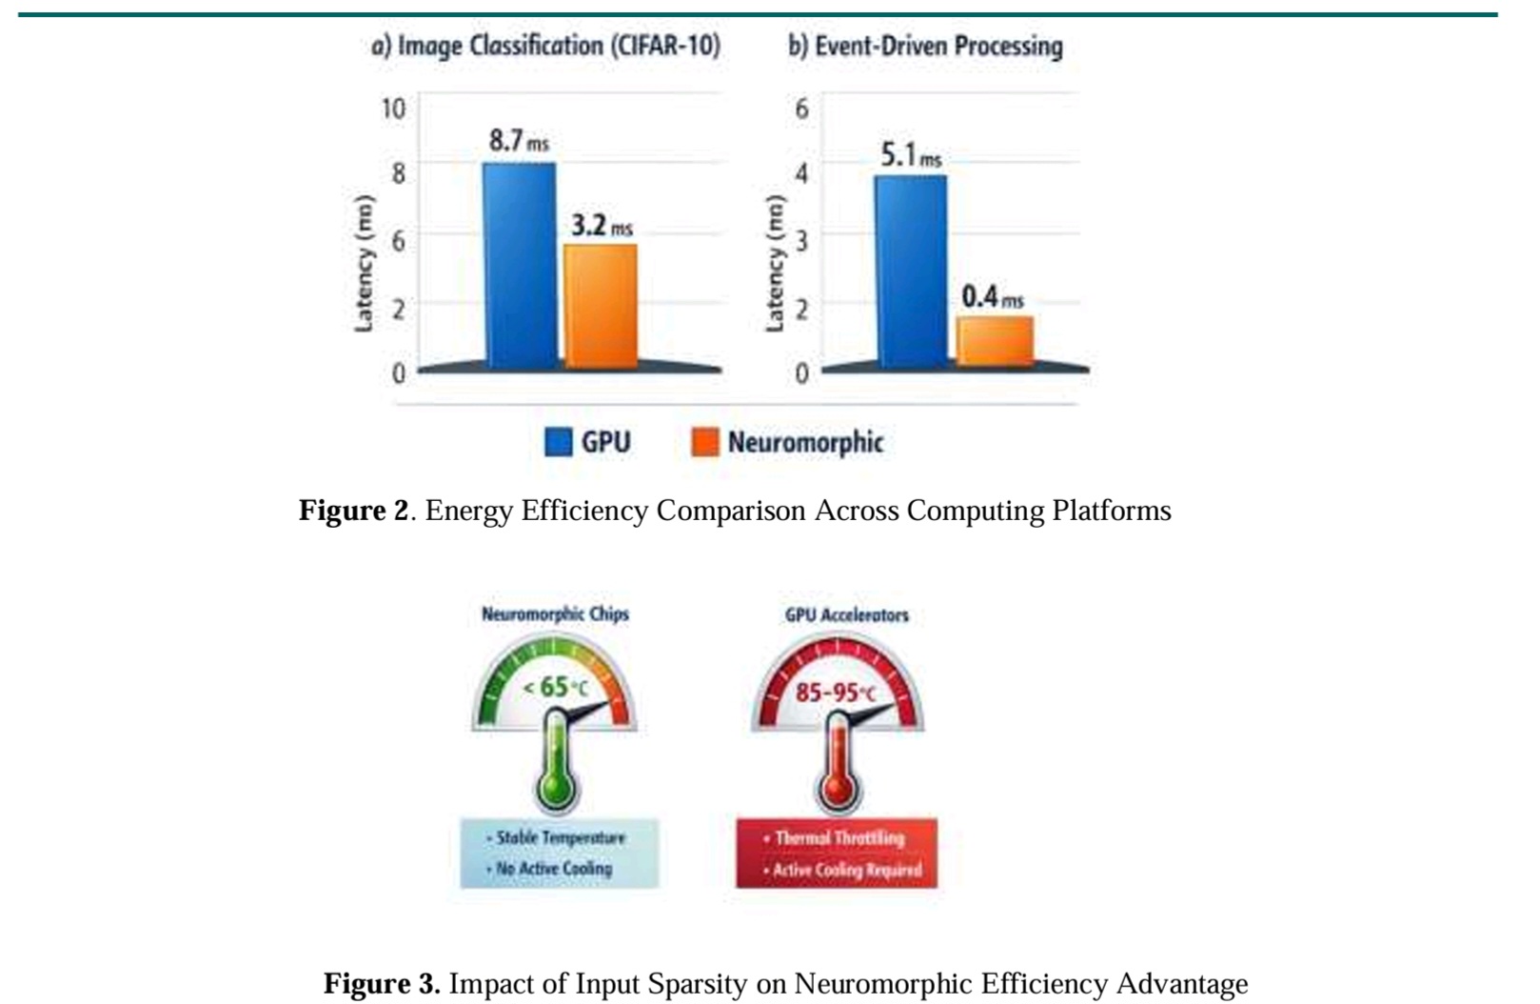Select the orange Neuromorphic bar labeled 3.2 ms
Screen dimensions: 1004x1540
click(601, 305)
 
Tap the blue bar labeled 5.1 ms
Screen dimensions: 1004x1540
click(911, 271)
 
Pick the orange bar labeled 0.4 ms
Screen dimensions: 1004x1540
click(995, 340)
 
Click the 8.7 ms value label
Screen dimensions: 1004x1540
click(519, 141)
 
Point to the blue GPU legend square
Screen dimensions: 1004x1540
click(558, 442)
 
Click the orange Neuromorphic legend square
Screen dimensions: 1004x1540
click(704, 442)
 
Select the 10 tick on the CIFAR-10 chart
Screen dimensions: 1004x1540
click(393, 109)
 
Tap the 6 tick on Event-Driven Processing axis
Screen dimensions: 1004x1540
click(801, 109)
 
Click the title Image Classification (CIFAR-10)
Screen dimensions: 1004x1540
click(545, 46)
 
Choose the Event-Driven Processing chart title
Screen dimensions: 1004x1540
click(925, 46)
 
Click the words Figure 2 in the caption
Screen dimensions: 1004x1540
click(353, 511)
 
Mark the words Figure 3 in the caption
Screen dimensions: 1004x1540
click(381, 983)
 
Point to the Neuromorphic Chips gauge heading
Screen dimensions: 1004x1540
click(555, 613)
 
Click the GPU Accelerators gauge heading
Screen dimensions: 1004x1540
click(846, 614)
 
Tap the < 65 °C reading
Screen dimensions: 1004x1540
click(556, 687)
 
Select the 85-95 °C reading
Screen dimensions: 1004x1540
click(835, 693)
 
